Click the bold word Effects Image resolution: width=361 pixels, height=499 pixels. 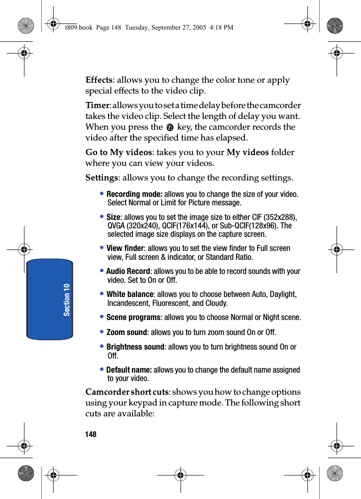(x=99, y=80)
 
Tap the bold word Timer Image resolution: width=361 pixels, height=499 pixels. (x=97, y=105)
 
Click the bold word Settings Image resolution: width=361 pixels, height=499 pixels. (x=102, y=178)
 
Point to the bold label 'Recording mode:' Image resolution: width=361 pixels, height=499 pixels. (x=134, y=194)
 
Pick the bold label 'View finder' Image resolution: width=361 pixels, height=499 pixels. (x=125, y=248)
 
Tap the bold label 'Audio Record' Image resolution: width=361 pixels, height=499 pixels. (x=128, y=271)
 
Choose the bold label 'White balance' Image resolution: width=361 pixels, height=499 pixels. (x=130, y=294)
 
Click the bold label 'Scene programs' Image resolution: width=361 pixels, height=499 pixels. (x=133, y=317)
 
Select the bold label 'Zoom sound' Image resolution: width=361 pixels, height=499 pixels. (x=126, y=332)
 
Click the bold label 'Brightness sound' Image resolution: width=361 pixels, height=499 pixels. (x=135, y=347)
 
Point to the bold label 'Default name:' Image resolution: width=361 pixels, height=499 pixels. (x=129, y=370)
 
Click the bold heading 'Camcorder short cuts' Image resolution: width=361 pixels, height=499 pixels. (x=127, y=392)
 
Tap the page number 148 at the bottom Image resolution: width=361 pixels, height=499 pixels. (x=91, y=435)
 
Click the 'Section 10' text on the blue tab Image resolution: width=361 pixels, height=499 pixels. (x=67, y=299)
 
